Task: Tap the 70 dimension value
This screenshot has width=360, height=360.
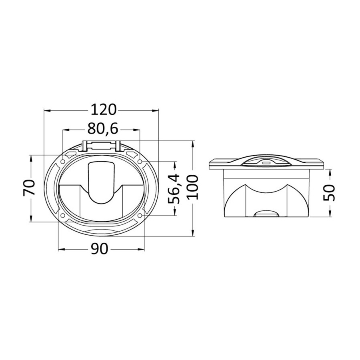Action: (x=29, y=187)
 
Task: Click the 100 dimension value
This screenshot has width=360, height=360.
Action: (x=192, y=187)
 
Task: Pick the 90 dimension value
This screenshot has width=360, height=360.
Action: (x=100, y=249)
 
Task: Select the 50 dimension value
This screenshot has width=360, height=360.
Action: (x=329, y=192)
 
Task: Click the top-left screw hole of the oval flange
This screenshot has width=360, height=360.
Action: (x=62, y=162)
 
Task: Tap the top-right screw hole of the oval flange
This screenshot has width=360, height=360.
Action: (x=140, y=162)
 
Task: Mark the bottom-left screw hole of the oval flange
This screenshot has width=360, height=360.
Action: (x=62, y=216)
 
